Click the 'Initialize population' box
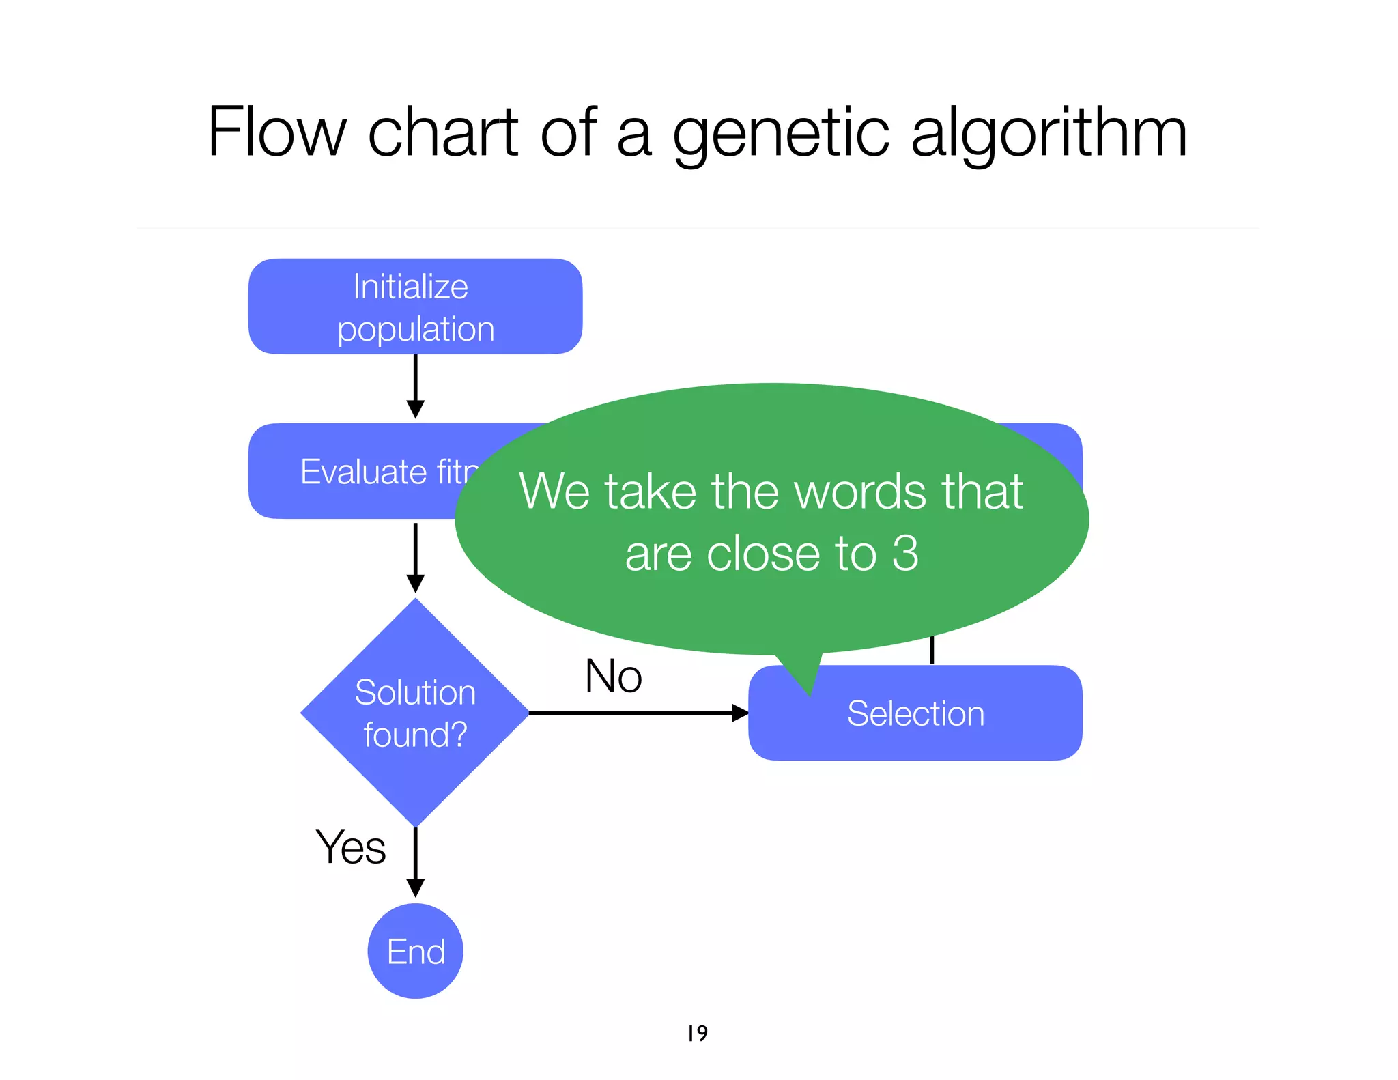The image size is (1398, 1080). click(x=415, y=307)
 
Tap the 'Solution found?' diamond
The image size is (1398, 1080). click(x=415, y=713)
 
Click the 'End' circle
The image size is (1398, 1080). click(x=415, y=951)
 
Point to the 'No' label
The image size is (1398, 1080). click(x=613, y=677)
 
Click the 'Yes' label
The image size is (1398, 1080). click(x=351, y=847)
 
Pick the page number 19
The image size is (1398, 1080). click(x=697, y=1033)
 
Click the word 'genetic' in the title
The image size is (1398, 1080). click(x=781, y=134)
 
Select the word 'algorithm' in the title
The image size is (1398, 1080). click(x=1048, y=134)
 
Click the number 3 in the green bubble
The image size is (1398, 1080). click(x=905, y=553)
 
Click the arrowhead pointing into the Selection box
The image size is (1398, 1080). click(x=740, y=713)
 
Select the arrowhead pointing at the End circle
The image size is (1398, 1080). click(x=415, y=888)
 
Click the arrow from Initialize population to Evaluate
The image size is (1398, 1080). click(x=415, y=385)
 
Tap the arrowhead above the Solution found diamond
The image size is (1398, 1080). click(x=415, y=584)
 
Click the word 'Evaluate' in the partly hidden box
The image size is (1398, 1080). click(x=363, y=472)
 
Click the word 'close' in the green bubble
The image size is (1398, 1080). click(x=763, y=553)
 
